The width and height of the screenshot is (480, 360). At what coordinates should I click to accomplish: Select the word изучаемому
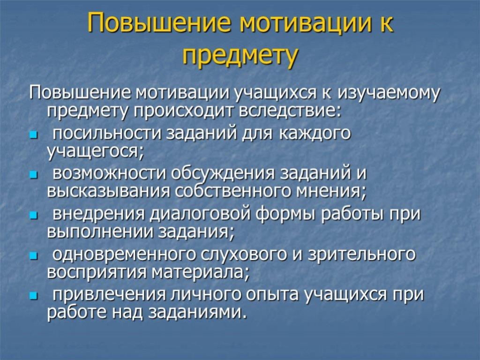point(389,93)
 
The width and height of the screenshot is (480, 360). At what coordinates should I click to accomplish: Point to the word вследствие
point(290,111)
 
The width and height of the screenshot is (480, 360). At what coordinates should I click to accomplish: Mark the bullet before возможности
point(33,175)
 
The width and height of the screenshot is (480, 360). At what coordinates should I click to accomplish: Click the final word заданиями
point(197,313)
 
